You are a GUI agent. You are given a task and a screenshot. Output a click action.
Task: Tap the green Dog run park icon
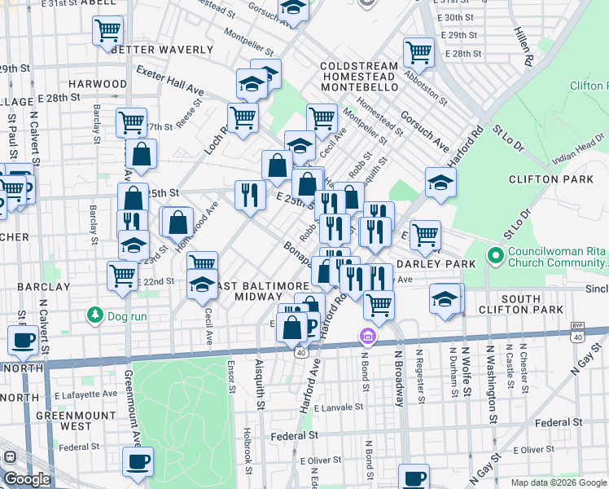point(95,315)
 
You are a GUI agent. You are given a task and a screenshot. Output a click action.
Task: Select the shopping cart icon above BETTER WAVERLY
point(107,31)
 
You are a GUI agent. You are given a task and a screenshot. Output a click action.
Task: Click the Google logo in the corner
point(27,479)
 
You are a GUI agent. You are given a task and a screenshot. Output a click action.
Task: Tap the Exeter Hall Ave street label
point(169,78)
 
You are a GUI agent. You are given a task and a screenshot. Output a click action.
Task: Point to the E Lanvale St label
point(337,407)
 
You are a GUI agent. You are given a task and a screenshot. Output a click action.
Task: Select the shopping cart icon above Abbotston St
point(418,52)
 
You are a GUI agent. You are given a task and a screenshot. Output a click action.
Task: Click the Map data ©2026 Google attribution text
point(558,482)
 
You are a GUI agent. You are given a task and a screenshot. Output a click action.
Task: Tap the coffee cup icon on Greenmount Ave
point(138,462)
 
